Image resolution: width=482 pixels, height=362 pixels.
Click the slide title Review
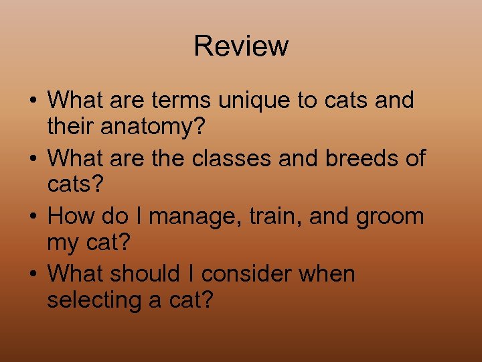click(241, 46)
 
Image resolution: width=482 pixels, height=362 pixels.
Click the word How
click(71, 216)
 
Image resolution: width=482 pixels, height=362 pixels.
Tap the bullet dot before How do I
click(33, 217)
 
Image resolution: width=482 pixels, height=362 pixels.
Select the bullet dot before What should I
click(33, 275)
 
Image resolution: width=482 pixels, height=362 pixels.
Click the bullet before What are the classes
click(33, 160)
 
